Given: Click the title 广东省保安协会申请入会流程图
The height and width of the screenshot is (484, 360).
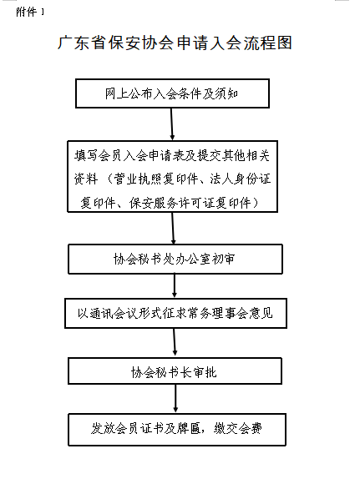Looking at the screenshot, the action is (175, 43).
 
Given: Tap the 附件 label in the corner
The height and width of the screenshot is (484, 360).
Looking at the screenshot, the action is (27, 12).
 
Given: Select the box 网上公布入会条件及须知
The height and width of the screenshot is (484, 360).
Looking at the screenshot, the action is (172, 93).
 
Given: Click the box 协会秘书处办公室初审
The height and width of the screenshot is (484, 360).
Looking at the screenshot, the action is (175, 259).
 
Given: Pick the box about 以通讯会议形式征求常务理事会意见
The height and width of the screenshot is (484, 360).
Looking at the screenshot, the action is (175, 313).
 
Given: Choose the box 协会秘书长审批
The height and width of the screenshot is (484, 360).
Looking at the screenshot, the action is (175, 371).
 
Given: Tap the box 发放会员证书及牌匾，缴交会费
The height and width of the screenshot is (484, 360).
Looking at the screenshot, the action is (177, 430).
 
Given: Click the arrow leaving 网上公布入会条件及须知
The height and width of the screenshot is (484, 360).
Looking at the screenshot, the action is (172, 124).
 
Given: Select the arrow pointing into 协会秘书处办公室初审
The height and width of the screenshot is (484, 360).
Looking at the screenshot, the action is (173, 229).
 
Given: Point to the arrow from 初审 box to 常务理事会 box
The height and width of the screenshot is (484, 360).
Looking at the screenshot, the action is (175, 286).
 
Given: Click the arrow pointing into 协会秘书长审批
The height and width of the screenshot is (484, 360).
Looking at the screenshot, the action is (175, 343).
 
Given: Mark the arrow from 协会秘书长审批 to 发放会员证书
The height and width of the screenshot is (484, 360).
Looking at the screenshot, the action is (175, 399).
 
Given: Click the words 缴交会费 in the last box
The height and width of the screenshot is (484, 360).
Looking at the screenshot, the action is (238, 428).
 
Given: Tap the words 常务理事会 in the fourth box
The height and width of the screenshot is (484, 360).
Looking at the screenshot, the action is (217, 313).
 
